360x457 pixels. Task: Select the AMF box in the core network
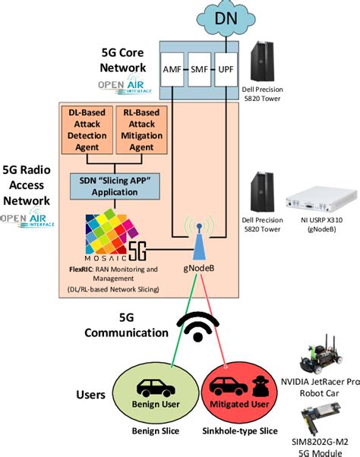click(172, 68)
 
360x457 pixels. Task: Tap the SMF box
click(200, 68)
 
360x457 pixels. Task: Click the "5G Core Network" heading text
click(126, 64)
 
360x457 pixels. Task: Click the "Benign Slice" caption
click(155, 432)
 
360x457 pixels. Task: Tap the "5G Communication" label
click(122, 324)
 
